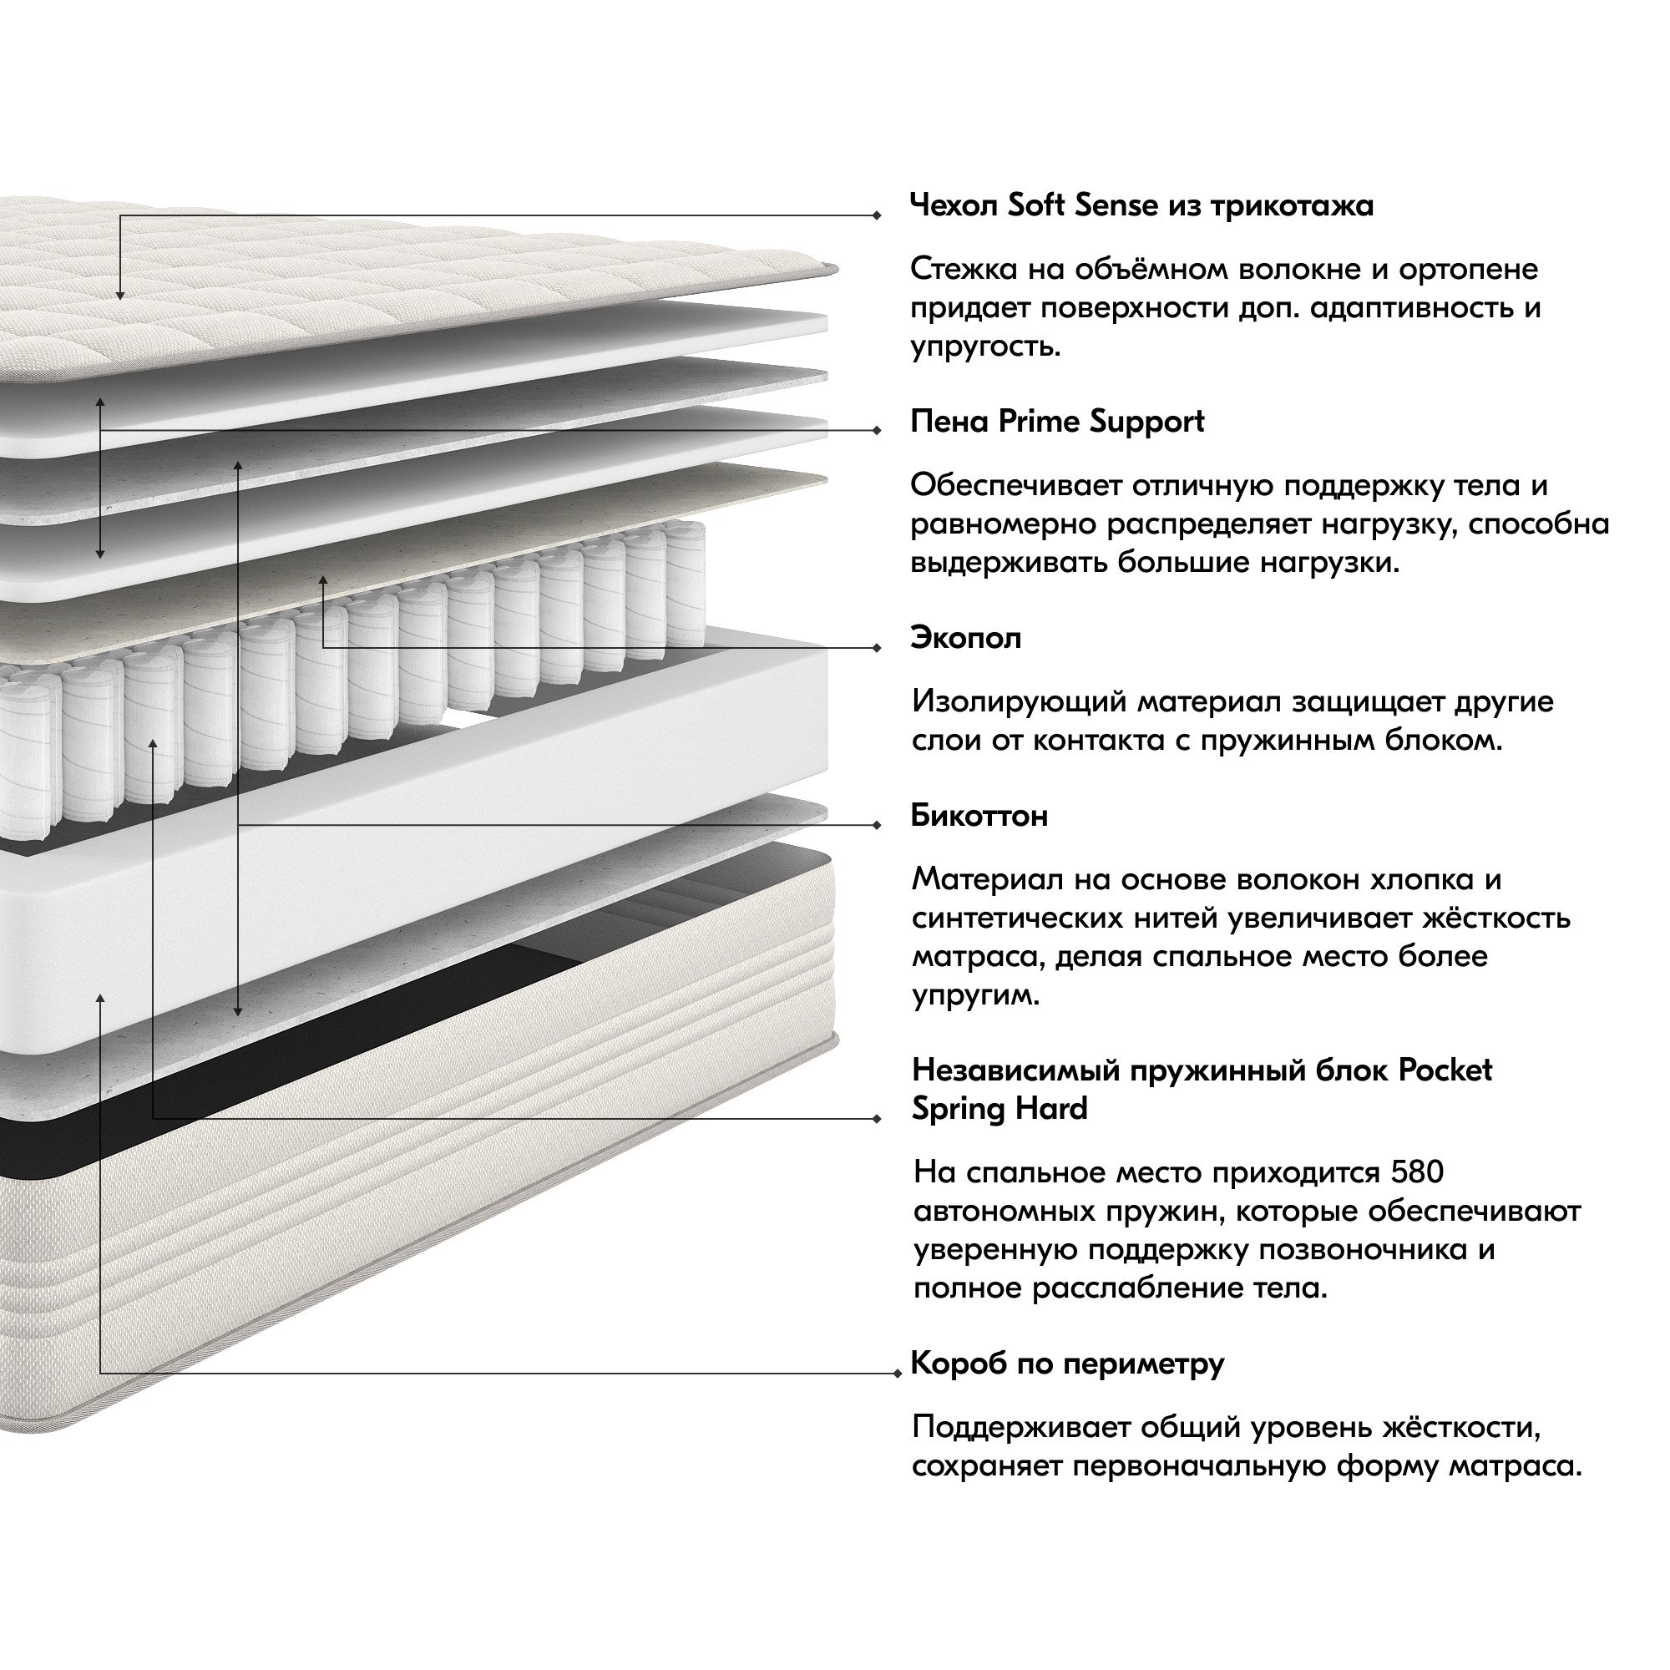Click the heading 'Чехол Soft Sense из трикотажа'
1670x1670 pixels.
(1141, 205)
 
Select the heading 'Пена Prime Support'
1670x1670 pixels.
(1057, 421)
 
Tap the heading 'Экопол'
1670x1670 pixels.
(965, 638)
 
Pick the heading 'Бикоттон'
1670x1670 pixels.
(979, 815)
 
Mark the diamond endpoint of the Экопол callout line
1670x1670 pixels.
(877, 647)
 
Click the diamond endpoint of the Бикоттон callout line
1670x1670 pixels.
(877, 825)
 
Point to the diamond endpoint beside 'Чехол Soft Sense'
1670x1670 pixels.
(877, 215)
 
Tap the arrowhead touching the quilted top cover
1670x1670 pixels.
(120, 296)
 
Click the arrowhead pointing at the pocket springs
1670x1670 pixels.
(153, 744)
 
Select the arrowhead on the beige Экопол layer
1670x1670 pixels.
(322, 581)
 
